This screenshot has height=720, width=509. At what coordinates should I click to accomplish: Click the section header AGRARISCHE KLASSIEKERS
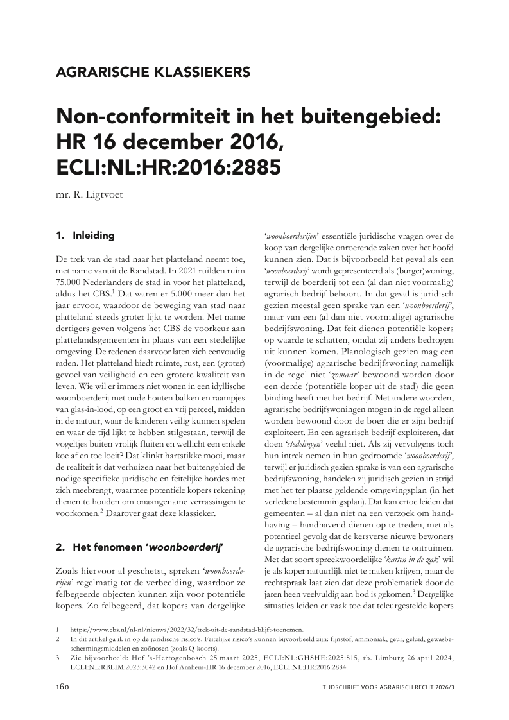pos(153,72)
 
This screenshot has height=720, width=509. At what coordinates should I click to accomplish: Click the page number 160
pos(65,687)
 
